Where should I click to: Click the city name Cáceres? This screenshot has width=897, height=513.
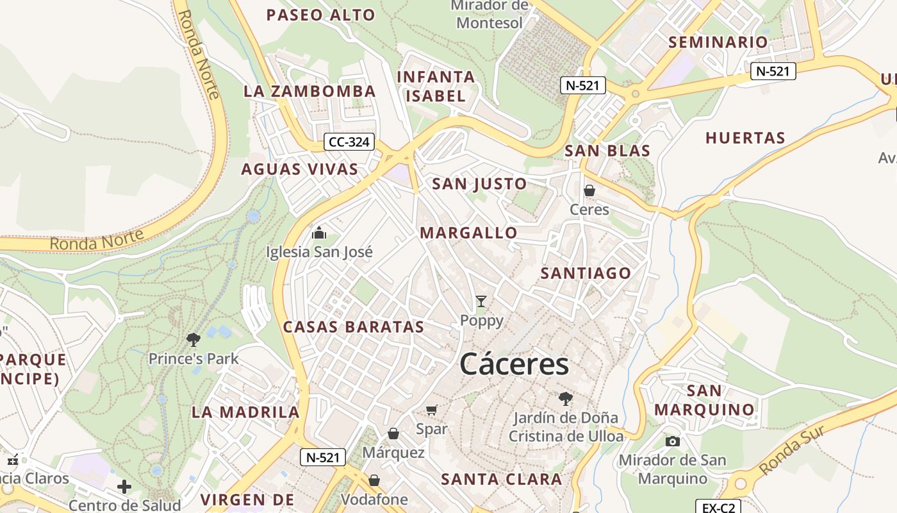tap(514, 364)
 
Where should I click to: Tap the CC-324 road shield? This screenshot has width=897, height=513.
tap(349, 142)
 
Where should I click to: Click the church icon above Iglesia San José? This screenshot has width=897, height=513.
tap(318, 233)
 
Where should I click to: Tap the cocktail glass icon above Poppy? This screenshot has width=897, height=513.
tap(481, 301)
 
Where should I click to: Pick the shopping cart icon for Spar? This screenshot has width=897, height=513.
tap(432, 410)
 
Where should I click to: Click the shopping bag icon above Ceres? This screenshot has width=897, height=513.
tap(589, 190)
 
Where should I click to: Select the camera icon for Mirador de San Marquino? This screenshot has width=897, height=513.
tap(672, 441)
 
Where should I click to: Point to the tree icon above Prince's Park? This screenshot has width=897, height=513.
tap(193, 340)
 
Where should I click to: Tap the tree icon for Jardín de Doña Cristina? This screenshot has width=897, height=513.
tap(565, 399)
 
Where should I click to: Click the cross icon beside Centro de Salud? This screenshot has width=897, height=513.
tap(124, 487)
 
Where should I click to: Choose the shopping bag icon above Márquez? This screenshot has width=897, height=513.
tap(393, 434)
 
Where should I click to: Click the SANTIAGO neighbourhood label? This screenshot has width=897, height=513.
tap(586, 273)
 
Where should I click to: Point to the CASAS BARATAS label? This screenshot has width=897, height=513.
tap(354, 327)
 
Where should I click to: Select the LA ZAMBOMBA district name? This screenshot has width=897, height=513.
tap(309, 91)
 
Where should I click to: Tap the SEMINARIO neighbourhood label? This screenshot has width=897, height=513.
tap(718, 42)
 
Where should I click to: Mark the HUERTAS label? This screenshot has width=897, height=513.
tap(745, 138)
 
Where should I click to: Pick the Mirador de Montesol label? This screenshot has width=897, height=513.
tap(490, 14)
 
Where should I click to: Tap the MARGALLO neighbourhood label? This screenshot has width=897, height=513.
tap(468, 233)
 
